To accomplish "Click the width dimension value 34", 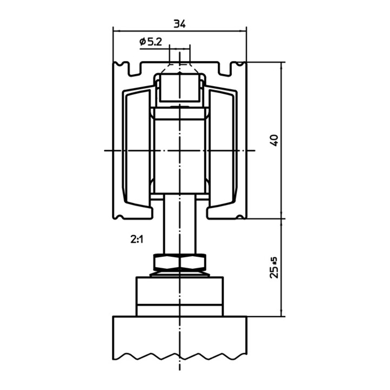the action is tap(180, 24).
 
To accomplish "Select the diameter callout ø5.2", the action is tap(151, 42).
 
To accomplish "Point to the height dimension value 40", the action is tap(274, 140).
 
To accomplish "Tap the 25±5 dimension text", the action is tap(274, 268).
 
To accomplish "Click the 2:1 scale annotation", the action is tap(137, 239).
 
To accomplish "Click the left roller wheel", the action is tap(138, 148).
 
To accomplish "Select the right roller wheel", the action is tap(222, 148).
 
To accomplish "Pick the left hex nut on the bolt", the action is tap(167, 262).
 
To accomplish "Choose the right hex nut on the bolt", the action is tap(193, 262).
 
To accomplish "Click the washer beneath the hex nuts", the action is tap(180, 274).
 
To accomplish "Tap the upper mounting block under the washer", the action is tap(180, 290).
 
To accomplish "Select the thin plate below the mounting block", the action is tap(180, 310).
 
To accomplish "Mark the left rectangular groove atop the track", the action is tap(134, 69).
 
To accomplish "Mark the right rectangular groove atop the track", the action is tap(225, 69).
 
